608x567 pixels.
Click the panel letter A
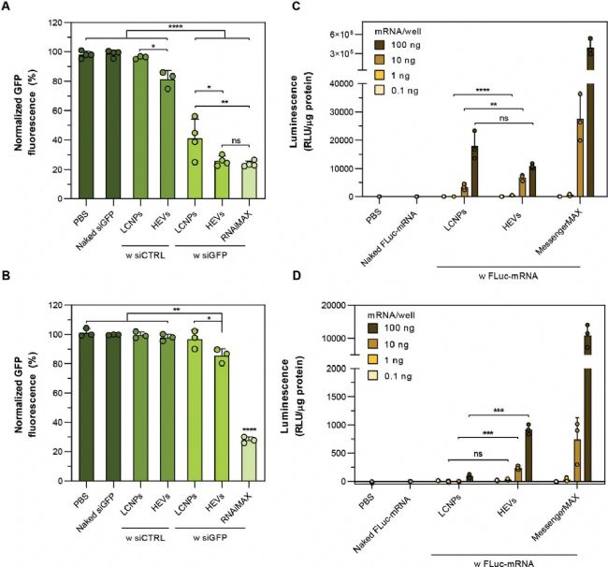coord(7,7)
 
